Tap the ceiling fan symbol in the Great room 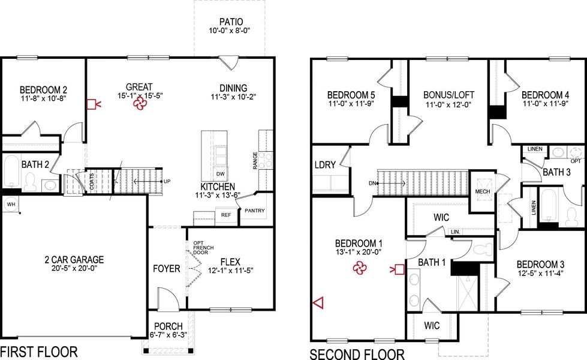pyautogui.click(x=139, y=105)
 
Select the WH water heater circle pyautogui.click(x=9, y=203)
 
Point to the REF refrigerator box pyautogui.click(x=225, y=214)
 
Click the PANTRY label pyautogui.click(x=255, y=211)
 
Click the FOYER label pyautogui.click(x=166, y=268)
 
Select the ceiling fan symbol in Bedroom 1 pyautogui.click(x=359, y=269)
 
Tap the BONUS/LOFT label pyautogui.click(x=448, y=95)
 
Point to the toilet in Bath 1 pyautogui.click(x=480, y=250)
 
